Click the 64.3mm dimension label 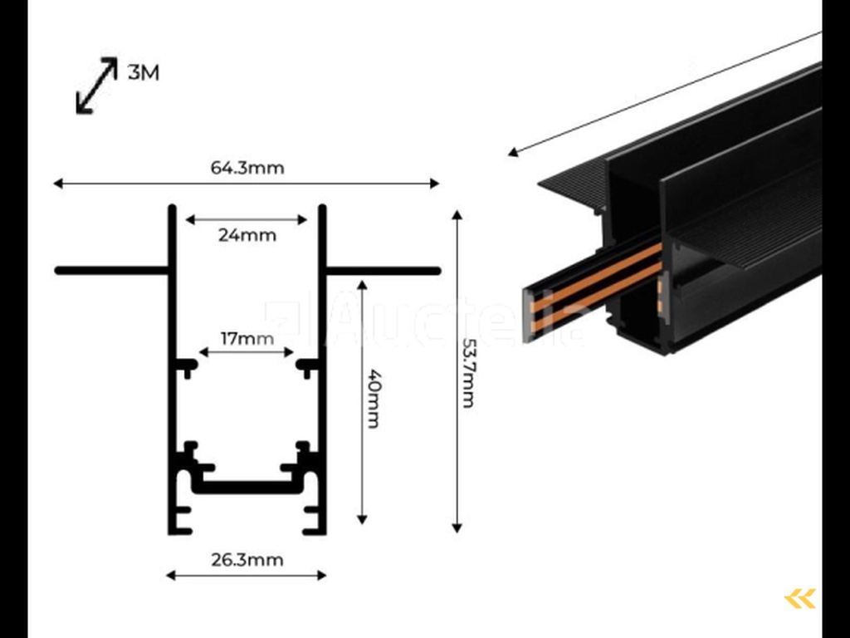[247, 169]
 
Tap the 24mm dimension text [247, 235]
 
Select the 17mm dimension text [247, 339]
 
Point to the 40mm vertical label [373, 399]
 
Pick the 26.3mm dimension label [247, 560]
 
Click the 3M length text [144, 73]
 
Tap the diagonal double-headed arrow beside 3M [96, 86]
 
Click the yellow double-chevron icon [799, 598]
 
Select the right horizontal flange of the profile [382, 270]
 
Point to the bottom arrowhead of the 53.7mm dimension [457, 527]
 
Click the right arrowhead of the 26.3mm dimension [321, 575]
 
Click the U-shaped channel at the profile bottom [247, 487]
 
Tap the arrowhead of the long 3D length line [514, 152]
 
